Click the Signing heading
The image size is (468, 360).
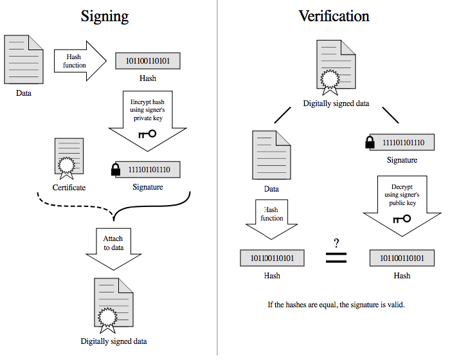coord(105,17)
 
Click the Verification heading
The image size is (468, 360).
coord(334,16)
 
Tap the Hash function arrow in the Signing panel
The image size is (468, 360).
coord(80,61)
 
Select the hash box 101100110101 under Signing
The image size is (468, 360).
coord(148,61)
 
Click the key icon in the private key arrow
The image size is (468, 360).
coord(147,134)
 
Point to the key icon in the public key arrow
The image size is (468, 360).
coord(402,219)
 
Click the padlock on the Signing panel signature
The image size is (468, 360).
coord(116,169)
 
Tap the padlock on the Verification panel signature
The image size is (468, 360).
coord(370,142)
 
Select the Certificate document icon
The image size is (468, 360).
coord(69,158)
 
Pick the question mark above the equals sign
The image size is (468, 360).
coord(336,243)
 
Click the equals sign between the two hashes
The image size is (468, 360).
coord(336,258)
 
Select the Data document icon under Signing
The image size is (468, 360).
coord(24,59)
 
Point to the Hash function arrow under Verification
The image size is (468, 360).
coord(271,219)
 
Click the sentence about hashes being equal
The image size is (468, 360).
coord(336,305)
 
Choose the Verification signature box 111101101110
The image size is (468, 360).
coord(402,142)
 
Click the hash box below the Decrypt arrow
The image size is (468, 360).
coord(402,258)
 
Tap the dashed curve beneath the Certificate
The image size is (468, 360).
coord(75,206)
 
